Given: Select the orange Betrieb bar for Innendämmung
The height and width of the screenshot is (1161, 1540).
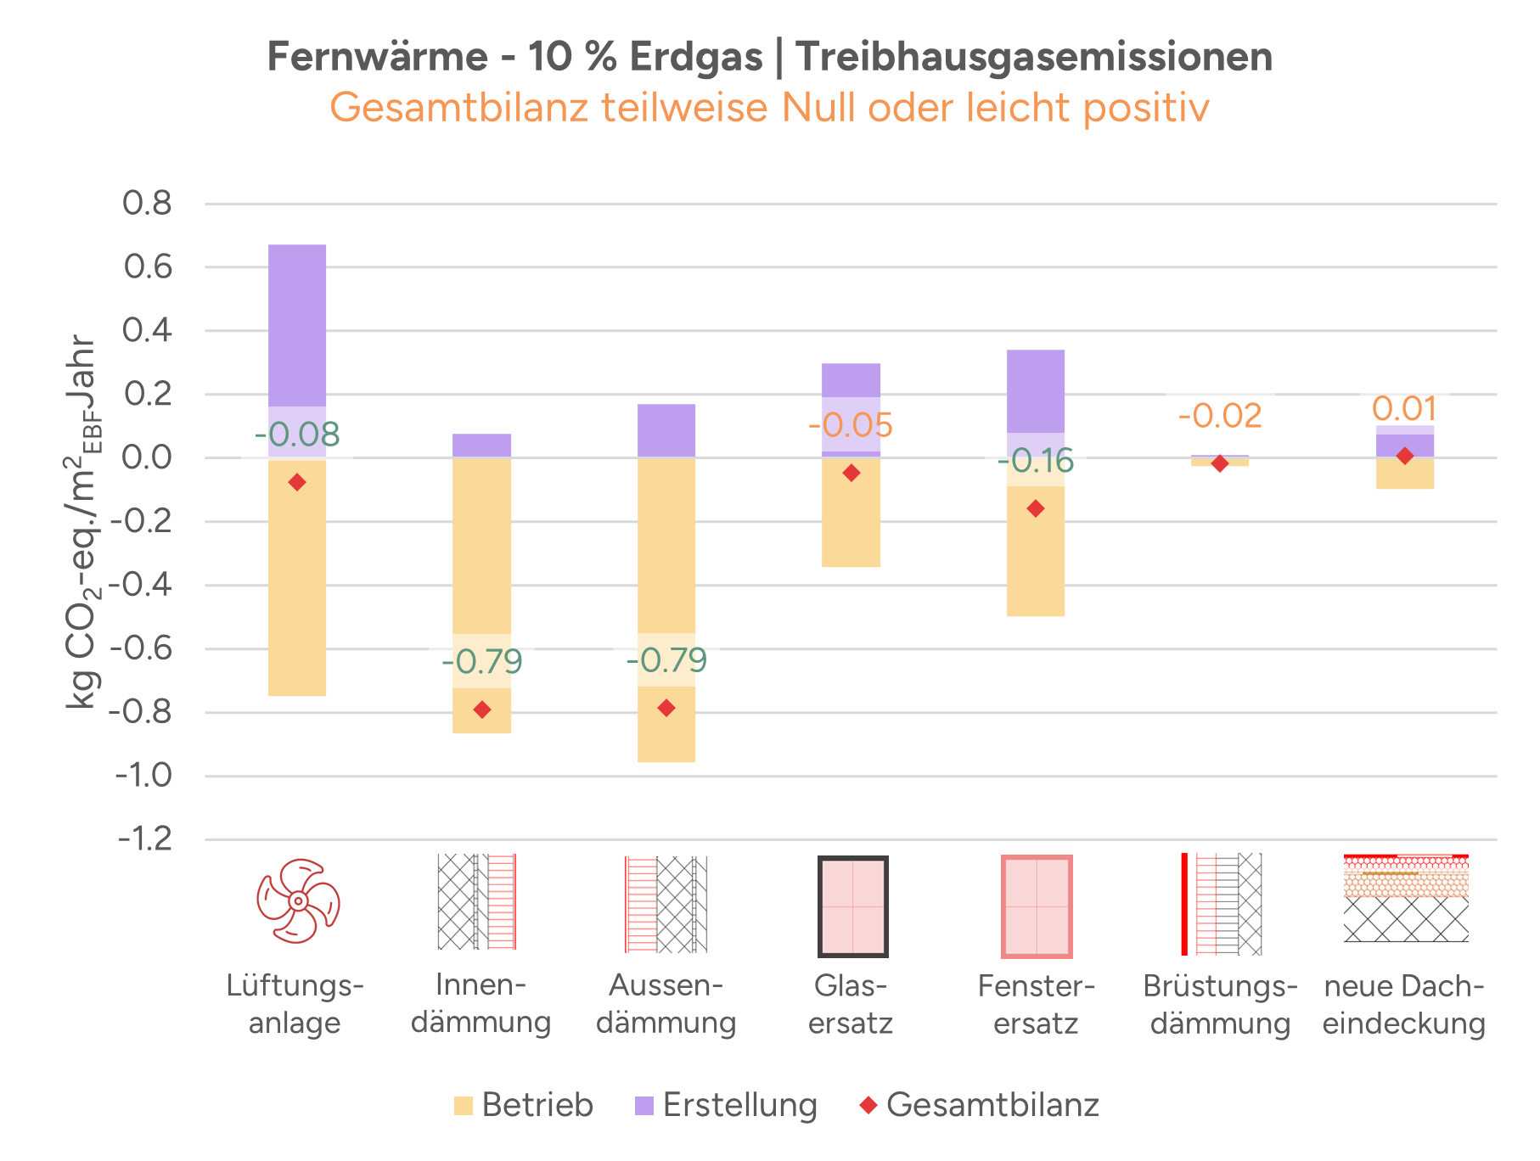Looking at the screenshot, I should click(481, 552).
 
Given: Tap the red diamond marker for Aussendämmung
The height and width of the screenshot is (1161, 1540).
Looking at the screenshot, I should click(666, 708).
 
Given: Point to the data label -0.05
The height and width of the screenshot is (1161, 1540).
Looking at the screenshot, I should click(851, 425).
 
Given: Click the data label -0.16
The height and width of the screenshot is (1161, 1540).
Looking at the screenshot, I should click(1036, 461).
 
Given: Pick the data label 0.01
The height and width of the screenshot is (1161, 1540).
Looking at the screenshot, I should click(1404, 409).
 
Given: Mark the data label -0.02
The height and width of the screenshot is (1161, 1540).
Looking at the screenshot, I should click(1220, 416).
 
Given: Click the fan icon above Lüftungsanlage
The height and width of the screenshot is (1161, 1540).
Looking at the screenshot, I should click(298, 900).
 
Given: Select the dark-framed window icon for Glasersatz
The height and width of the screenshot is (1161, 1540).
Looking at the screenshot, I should click(852, 906).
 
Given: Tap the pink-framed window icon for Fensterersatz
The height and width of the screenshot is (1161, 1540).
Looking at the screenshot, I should click(1037, 906).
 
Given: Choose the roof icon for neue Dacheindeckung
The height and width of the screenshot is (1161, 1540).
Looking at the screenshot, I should click(1406, 898).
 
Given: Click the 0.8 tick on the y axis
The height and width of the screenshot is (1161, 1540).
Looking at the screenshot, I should click(147, 204).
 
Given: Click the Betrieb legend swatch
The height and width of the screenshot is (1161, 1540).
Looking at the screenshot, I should click(463, 1106).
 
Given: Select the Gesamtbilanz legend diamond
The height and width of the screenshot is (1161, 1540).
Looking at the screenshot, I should click(868, 1105).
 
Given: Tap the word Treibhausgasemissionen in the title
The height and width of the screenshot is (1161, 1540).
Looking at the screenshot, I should click(1034, 58).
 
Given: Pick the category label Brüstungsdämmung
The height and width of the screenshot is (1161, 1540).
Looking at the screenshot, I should click(1220, 1004).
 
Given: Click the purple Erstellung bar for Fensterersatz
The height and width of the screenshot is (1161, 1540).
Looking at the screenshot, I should click(1036, 390).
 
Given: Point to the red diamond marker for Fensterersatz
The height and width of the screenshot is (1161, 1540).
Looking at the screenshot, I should click(1036, 508).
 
